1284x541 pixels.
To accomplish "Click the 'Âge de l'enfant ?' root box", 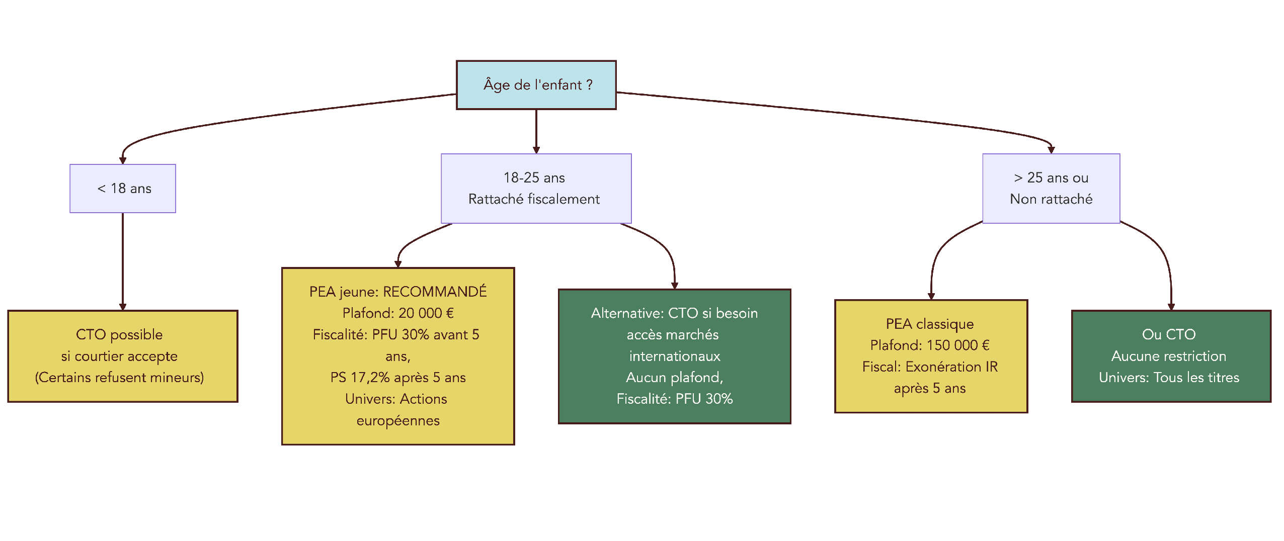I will [x=536, y=85].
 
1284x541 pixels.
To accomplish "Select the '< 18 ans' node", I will [x=123, y=189].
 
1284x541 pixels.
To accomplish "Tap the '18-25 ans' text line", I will [x=534, y=177].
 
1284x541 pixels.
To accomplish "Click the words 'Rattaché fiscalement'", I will [x=534, y=199].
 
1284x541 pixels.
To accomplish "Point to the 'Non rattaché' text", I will [x=1051, y=199].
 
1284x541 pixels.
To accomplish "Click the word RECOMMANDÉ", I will [x=435, y=292].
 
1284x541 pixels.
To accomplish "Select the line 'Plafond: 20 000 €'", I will [x=398, y=313].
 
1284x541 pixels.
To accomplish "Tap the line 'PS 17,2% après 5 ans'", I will [x=398, y=378].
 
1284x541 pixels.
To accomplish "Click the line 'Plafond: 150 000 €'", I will [x=930, y=345].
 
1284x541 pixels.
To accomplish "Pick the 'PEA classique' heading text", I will [x=930, y=324].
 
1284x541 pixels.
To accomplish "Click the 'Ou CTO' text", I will [x=1168, y=334].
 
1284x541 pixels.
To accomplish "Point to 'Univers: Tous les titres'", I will [x=1168, y=378].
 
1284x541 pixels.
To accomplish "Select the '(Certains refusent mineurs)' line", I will [x=119, y=378].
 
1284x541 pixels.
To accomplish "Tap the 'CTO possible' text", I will [x=119, y=334].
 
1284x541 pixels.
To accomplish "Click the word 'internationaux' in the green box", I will [x=675, y=356].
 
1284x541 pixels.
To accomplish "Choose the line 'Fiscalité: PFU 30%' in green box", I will [x=675, y=399].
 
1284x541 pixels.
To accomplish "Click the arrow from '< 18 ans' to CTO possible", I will [x=123, y=261].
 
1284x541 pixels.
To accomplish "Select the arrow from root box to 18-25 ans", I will [x=536, y=131].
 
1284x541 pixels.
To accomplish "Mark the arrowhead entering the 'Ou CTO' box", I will [x=1171, y=307].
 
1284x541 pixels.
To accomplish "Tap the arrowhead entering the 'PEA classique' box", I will [x=931, y=296].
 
